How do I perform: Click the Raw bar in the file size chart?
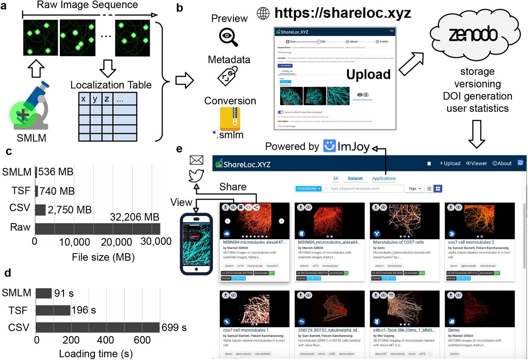click(x=97, y=228)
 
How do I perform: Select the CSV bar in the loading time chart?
click(x=98, y=327)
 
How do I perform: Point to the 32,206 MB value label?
click(x=134, y=217)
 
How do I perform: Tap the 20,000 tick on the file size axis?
click(x=98, y=241)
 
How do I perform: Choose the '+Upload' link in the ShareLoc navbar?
click(x=450, y=163)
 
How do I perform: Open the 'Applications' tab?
click(x=384, y=179)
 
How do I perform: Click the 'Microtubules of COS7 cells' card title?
click(x=398, y=242)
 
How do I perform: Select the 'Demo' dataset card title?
click(x=454, y=330)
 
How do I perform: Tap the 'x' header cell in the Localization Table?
click(x=83, y=99)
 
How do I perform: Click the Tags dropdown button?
click(x=414, y=188)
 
